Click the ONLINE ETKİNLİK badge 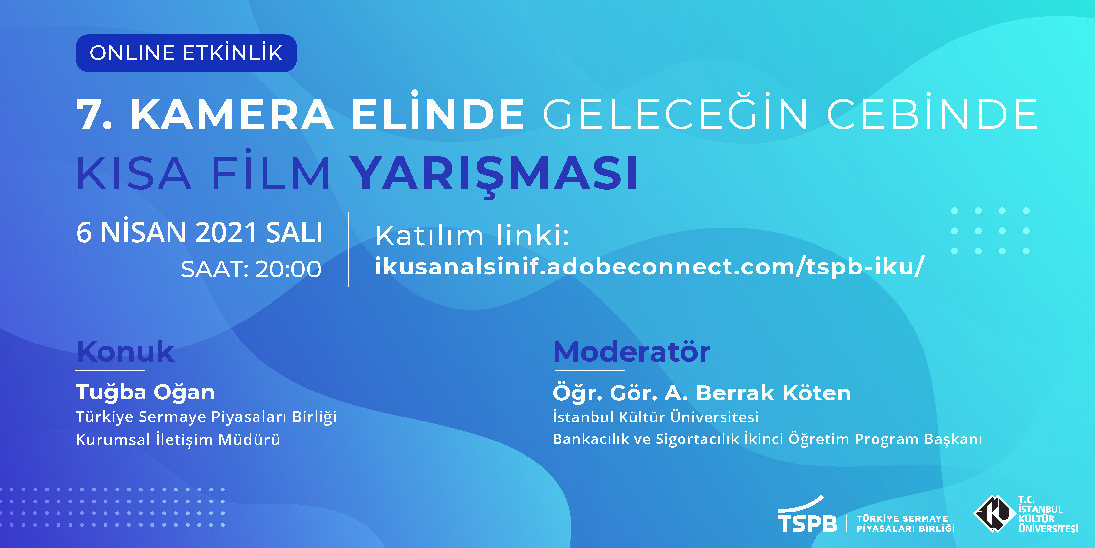coord(186,53)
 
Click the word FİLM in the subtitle coord(271,170)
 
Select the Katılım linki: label coord(472,235)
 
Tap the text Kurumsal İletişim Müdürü coord(178,440)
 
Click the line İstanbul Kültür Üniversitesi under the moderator coord(656,417)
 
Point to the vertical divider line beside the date coord(348,249)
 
